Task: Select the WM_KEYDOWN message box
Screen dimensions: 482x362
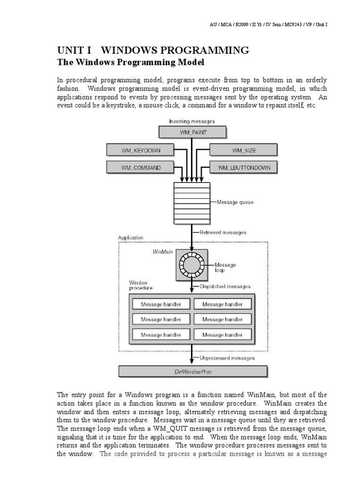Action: click(x=140, y=150)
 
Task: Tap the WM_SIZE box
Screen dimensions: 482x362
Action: click(x=243, y=150)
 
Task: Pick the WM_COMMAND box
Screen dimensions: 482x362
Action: click(x=140, y=167)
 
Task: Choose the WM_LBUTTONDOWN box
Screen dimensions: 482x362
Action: click(x=244, y=167)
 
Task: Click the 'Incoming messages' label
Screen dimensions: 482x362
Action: click(x=192, y=121)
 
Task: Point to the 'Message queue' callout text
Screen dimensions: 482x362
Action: click(x=235, y=202)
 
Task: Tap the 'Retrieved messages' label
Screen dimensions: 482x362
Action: click(x=222, y=233)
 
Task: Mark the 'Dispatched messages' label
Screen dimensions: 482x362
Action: click(x=225, y=286)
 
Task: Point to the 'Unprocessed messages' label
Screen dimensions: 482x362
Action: click(x=227, y=358)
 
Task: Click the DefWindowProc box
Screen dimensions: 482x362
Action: click(x=193, y=371)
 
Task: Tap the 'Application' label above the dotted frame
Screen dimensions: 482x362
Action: click(x=131, y=238)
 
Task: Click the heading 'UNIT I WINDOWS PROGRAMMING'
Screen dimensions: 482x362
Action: click(x=153, y=50)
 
